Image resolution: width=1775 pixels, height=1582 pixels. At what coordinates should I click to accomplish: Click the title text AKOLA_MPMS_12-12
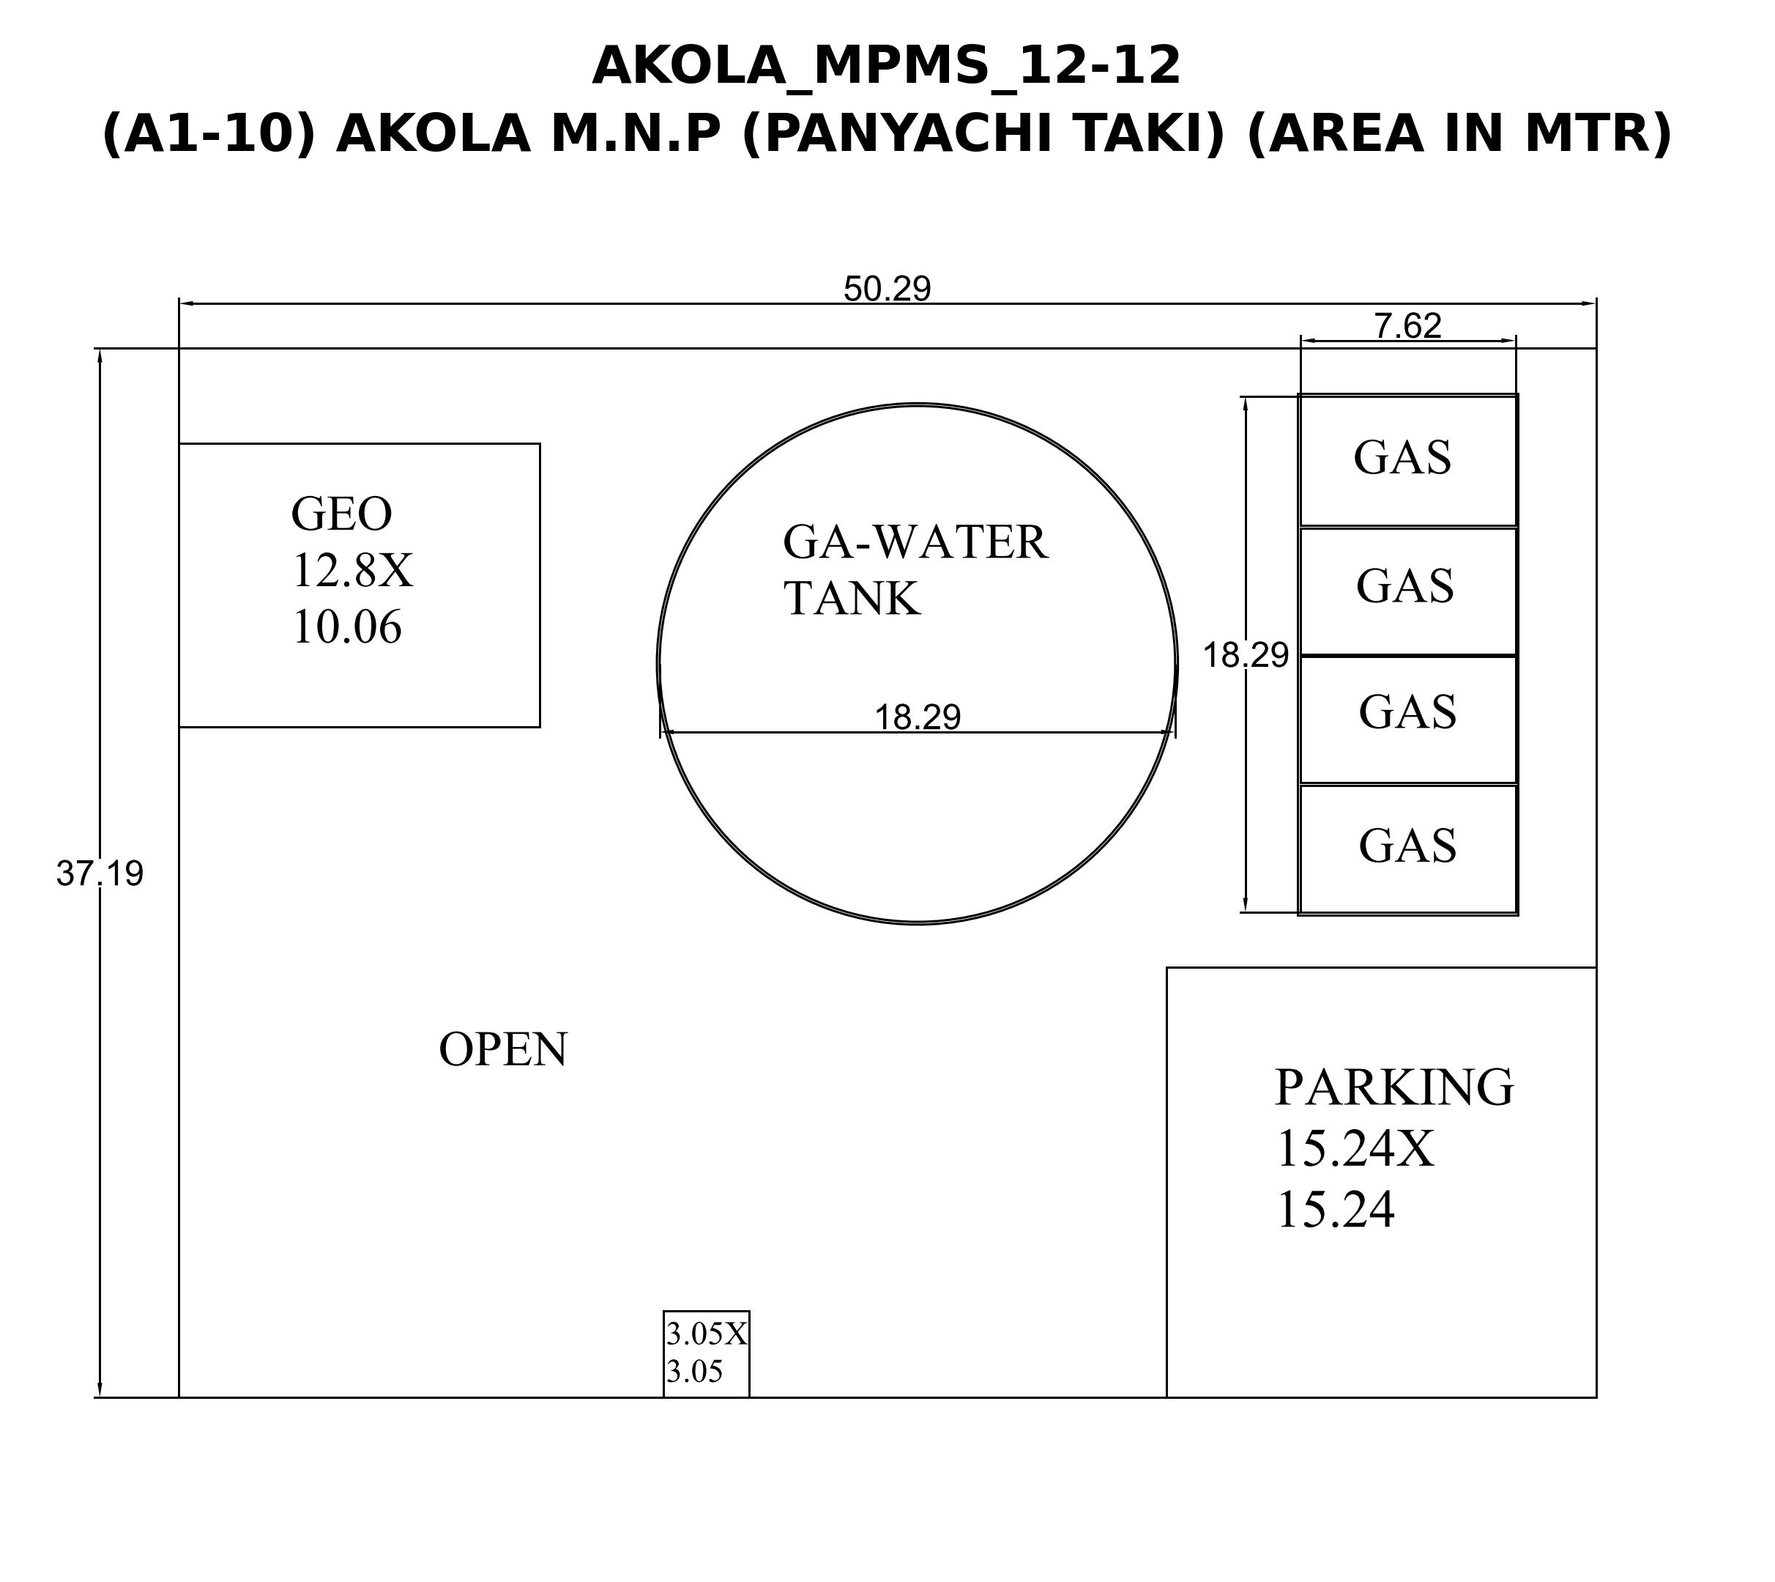(x=886, y=66)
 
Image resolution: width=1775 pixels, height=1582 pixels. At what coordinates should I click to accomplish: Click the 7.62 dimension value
(x=1407, y=326)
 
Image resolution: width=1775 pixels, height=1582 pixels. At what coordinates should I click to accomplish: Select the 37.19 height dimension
(x=100, y=873)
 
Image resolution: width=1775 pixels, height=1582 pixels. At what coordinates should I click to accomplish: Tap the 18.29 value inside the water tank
(x=918, y=717)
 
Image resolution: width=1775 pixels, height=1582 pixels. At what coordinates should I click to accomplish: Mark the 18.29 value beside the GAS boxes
(x=1245, y=655)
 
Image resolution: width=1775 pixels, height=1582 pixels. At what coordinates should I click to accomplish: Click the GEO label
(x=341, y=514)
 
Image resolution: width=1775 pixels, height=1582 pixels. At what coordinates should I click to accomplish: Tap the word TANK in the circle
(x=852, y=598)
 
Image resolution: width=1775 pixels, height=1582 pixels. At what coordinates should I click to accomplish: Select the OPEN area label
(x=503, y=1049)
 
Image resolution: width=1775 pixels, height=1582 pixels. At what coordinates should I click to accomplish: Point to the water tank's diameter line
(x=918, y=733)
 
